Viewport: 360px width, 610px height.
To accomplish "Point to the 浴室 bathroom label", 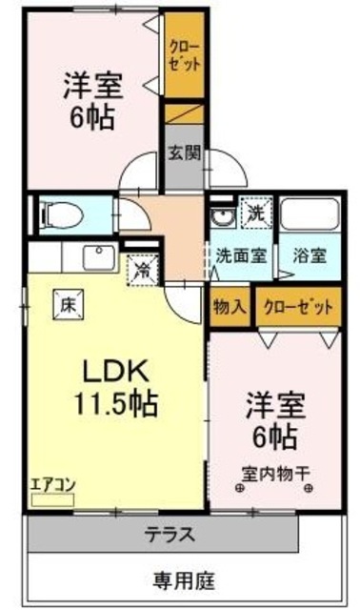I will point(308,255).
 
